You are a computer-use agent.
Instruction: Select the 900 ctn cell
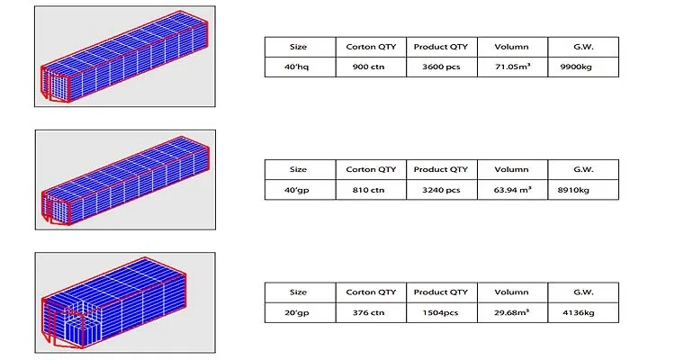(371, 67)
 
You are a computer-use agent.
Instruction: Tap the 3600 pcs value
(440, 67)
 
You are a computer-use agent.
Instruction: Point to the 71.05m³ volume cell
(510, 67)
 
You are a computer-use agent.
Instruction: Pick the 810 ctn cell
(371, 190)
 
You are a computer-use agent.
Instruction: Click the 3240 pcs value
(440, 190)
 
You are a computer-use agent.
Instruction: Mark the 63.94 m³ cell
(511, 190)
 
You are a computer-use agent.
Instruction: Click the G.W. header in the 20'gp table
(583, 292)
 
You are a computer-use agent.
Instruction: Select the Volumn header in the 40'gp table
(511, 169)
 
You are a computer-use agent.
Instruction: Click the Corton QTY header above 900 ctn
(371, 46)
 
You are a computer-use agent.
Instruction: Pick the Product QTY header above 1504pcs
(440, 292)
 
